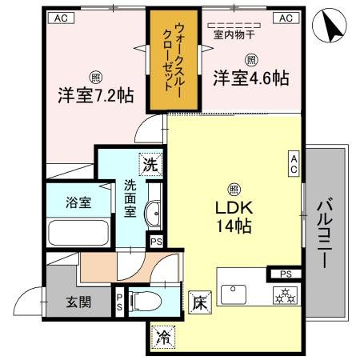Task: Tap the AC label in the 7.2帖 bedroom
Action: tap(60, 17)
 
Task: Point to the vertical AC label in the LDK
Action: tap(294, 164)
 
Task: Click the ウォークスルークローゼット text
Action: tap(170, 60)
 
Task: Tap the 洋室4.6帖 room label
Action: tap(250, 78)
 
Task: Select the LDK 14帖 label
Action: tap(233, 216)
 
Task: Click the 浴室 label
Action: tap(78, 202)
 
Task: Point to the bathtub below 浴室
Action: tap(78, 232)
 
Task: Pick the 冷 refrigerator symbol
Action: tap(163, 337)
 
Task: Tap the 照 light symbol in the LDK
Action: tap(234, 189)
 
